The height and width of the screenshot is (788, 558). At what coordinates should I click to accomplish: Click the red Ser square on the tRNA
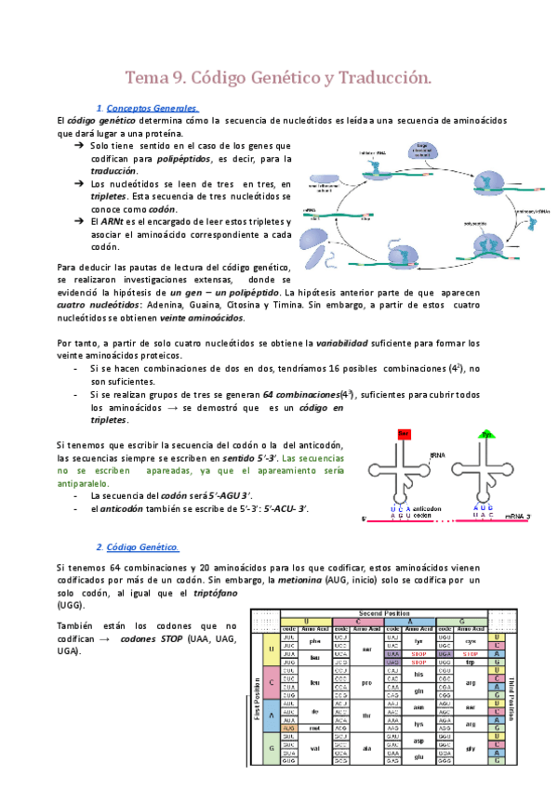404,434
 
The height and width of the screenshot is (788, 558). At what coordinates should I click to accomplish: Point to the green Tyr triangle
486,434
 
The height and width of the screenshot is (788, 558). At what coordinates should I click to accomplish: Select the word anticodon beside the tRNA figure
428,509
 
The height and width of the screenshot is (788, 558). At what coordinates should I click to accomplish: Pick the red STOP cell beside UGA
472,653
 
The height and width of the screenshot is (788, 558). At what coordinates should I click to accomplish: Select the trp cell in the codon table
472,663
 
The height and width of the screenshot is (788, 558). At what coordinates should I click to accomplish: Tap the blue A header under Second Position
415,621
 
